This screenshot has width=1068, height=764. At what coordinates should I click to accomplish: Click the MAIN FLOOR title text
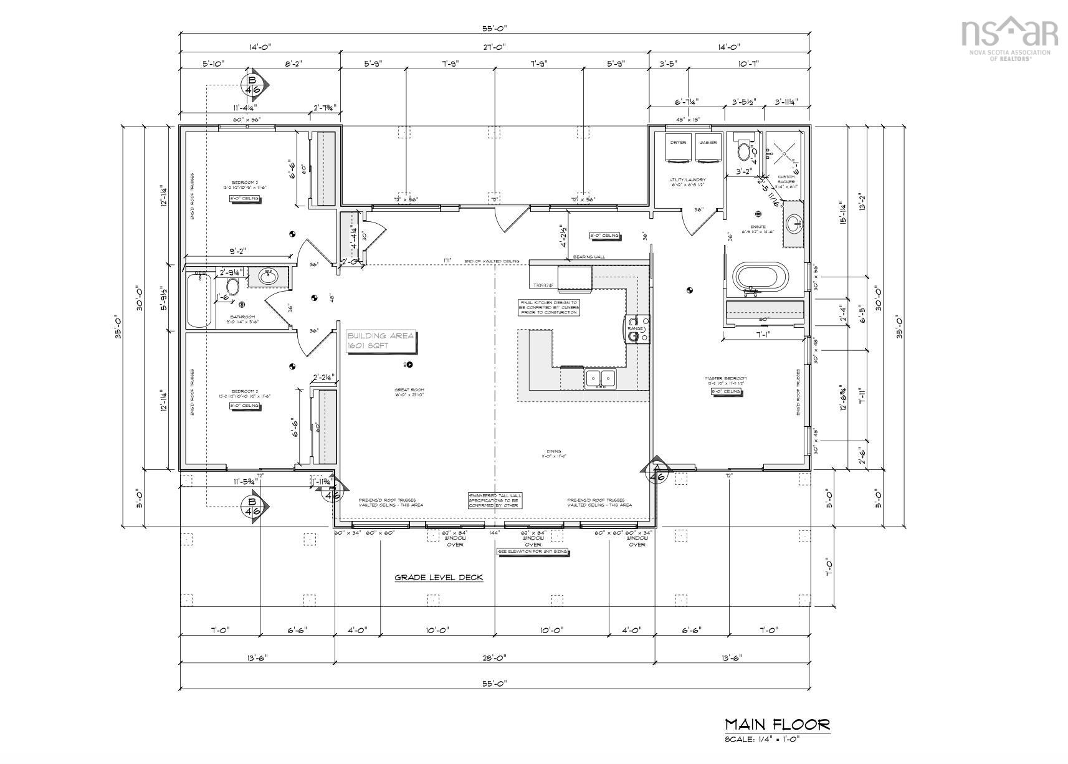tap(777, 724)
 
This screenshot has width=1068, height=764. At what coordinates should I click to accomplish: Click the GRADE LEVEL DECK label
tap(439, 578)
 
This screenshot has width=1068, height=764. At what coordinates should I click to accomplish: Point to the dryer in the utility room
tap(677, 150)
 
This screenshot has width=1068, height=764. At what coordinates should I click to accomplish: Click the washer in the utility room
tap(708, 150)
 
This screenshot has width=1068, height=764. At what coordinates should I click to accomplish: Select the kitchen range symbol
tap(636, 328)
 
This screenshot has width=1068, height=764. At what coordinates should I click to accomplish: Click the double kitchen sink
tap(600, 378)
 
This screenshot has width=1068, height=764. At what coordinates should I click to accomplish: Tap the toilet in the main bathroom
tap(232, 287)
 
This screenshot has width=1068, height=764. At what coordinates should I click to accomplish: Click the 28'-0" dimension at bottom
tap(494, 658)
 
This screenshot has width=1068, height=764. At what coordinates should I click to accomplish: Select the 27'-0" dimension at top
tap(494, 47)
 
